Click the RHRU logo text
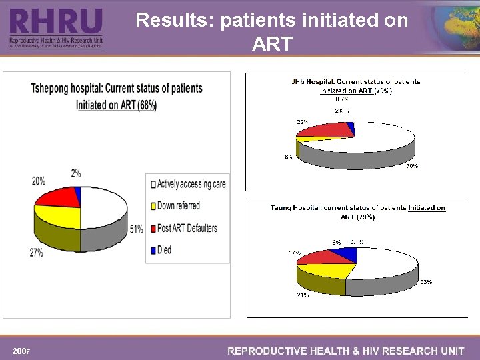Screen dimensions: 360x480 click(56, 22)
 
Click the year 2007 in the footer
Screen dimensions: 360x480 click(21, 351)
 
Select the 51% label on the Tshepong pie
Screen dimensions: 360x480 click(136, 229)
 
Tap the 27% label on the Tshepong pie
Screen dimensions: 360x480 click(36, 253)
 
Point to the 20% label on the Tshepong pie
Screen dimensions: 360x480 click(39, 181)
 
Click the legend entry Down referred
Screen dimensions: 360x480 click(178, 206)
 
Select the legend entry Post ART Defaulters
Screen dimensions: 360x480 click(187, 228)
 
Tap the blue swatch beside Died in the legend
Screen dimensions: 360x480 click(153, 251)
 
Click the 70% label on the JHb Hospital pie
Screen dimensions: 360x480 click(411, 165)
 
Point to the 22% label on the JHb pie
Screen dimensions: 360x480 click(302, 122)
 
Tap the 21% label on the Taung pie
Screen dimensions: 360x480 click(303, 295)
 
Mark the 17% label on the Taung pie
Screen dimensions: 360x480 click(294, 253)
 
